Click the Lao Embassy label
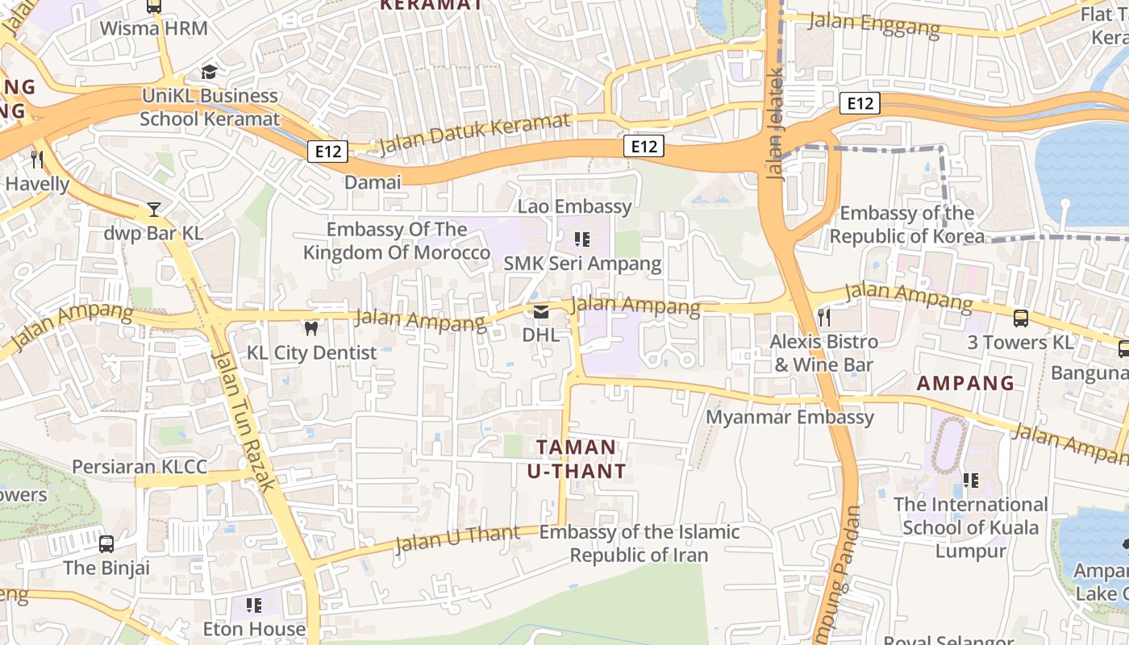(574, 206)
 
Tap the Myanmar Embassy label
(789, 417)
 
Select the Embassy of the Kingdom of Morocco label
(396, 241)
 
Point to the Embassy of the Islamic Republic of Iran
(639, 543)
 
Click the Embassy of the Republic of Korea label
(906, 225)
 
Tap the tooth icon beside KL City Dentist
(310, 328)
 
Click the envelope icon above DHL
(540, 311)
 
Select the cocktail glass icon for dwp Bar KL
(153, 210)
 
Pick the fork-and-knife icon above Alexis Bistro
(823, 317)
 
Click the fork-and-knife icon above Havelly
(36, 159)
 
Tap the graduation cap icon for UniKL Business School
(209, 72)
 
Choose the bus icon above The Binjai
(106, 544)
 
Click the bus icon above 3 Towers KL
(1021, 318)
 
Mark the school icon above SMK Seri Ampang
(581, 239)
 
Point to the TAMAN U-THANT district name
(576, 459)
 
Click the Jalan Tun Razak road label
(244, 419)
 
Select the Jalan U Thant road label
(457, 539)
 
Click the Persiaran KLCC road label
(140, 467)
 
